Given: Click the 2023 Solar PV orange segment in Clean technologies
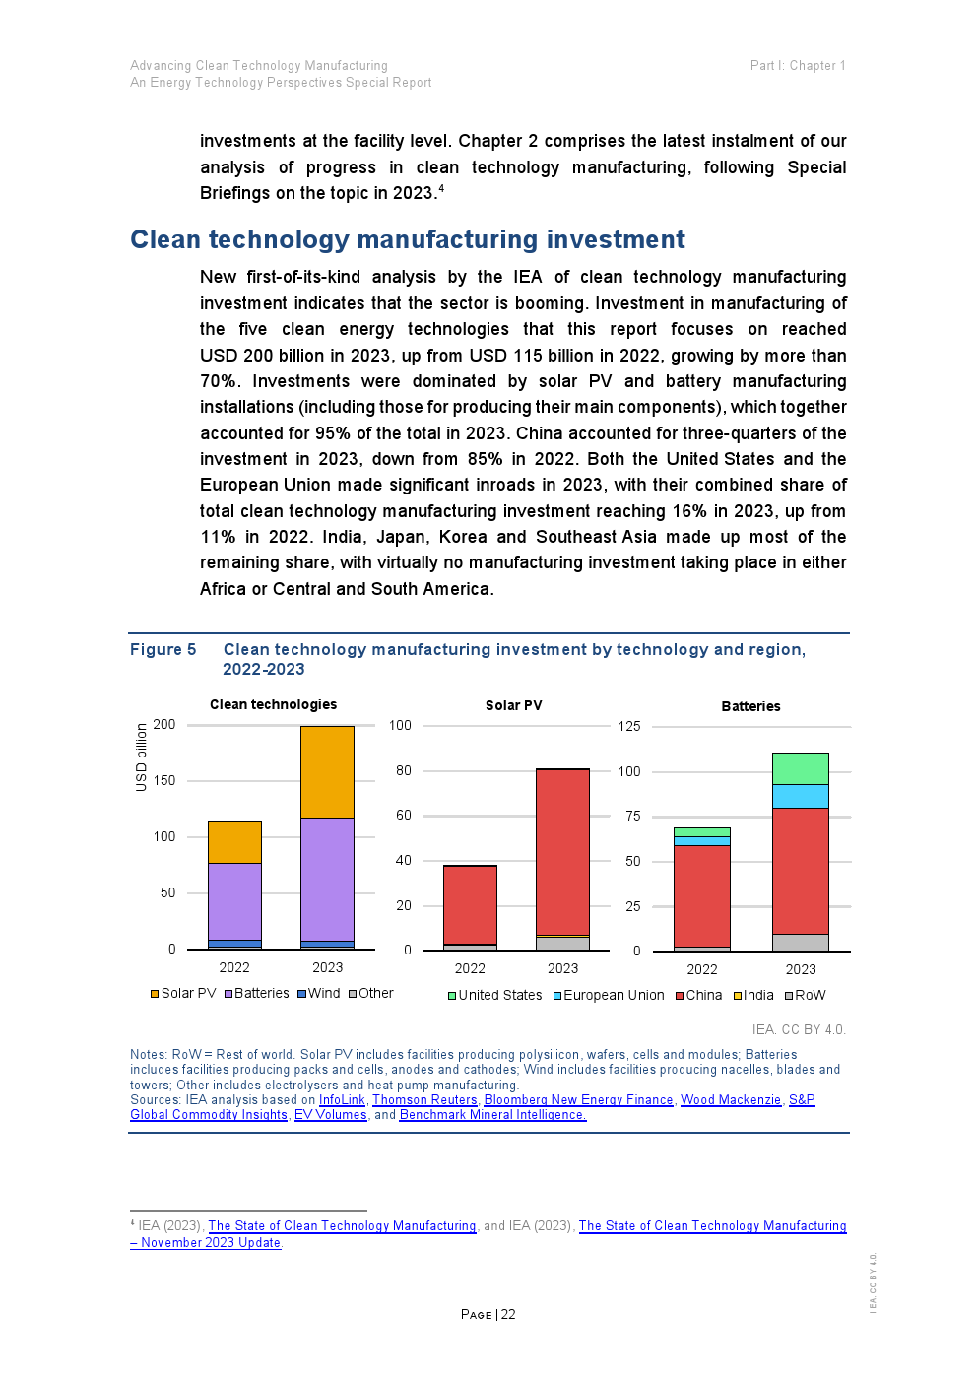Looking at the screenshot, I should coord(327,771).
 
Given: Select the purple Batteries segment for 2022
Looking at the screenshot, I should coord(234,901).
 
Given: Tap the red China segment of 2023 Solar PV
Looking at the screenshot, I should coord(562,852).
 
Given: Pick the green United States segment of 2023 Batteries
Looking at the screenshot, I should coord(800,768).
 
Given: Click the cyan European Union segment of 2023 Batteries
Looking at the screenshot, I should coord(800,796).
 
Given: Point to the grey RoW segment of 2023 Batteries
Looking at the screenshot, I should coord(800,943).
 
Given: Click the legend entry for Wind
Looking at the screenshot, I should coord(319,993).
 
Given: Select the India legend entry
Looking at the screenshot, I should coord(753,995).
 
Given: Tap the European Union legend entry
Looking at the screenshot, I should coord(609,995).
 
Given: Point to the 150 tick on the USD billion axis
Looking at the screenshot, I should coord(164,780).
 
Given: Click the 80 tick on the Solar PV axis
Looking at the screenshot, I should coord(404,770).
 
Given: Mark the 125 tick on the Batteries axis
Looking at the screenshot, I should coord(629,726).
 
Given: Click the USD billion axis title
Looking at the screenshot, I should coord(142,757).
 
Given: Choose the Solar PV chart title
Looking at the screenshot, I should coord(513,705).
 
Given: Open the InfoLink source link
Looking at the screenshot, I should coord(342,1099).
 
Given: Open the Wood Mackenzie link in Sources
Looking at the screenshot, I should coord(730,1099).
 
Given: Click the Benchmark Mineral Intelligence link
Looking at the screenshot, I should coord(492,1114).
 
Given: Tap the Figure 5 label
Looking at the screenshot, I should coord(163,649).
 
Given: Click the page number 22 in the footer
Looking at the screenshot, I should coord(508,1314).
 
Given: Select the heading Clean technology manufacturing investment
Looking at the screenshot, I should coord(408,239).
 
